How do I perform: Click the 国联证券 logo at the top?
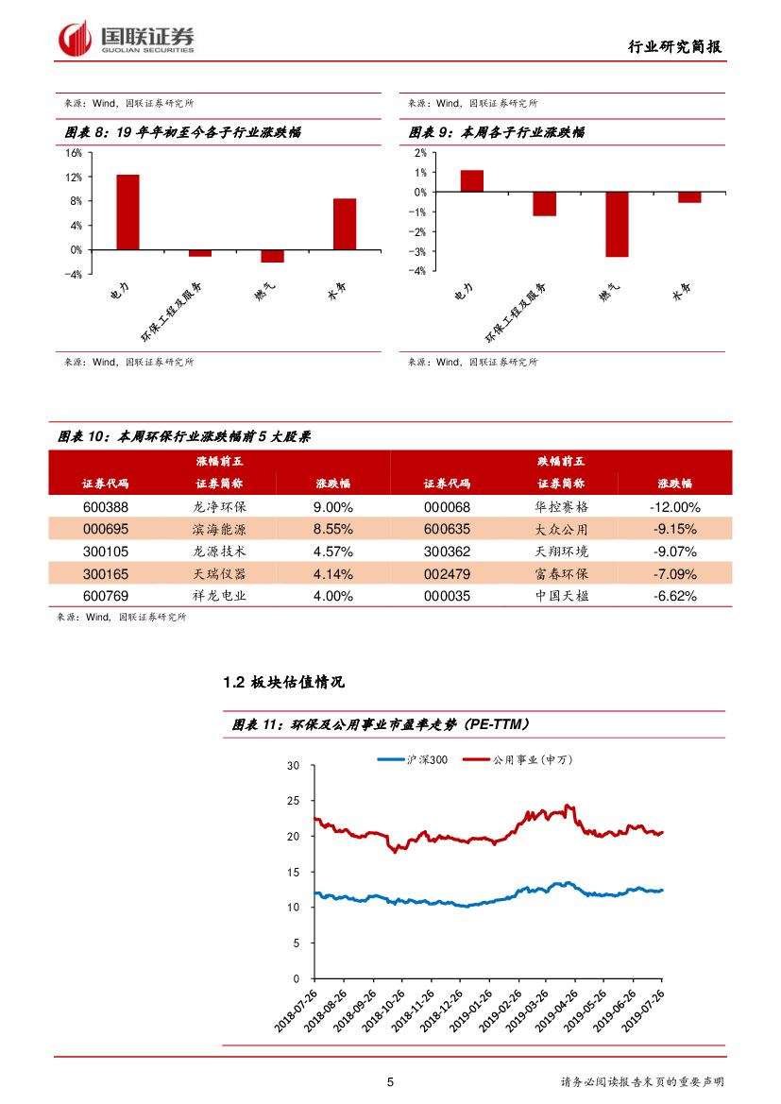pyautogui.click(x=127, y=39)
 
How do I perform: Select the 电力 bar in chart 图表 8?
pyautogui.click(x=128, y=212)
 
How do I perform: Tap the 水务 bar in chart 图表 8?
pyautogui.click(x=345, y=224)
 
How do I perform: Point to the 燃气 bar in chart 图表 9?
pyautogui.click(x=618, y=224)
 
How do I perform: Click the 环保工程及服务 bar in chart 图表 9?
pyautogui.click(x=544, y=204)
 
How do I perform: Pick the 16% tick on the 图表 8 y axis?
pyautogui.click(x=74, y=153)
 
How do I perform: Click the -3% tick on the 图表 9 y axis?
pyautogui.click(x=419, y=252)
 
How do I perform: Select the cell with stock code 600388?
pyautogui.click(x=105, y=506)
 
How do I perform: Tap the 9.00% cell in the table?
pyautogui.click(x=332, y=506)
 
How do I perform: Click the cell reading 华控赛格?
pyautogui.click(x=561, y=506)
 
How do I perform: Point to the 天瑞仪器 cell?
pyautogui.click(x=218, y=574)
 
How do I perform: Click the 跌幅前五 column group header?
pyautogui.click(x=561, y=461)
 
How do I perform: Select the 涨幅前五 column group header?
pyautogui.click(x=218, y=461)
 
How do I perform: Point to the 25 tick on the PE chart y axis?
pyautogui.click(x=295, y=801)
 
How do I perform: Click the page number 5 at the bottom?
pyautogui.click(x=390, y=1082)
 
